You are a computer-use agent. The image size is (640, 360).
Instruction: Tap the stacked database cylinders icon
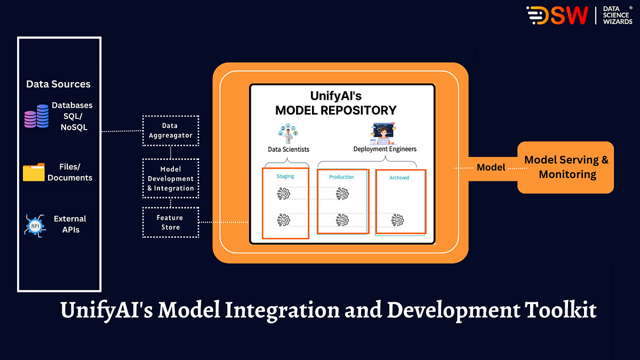tap(37, 116)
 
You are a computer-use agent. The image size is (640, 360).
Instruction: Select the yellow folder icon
tap(34, 172)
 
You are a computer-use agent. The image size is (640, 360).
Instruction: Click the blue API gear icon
tap(35, 225)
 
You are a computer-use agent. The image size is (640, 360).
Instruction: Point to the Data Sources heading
tap(59, 84)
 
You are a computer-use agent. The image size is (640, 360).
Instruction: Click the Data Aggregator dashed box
tap(171, 131)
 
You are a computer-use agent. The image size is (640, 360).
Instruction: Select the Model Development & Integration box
tap(171, 179)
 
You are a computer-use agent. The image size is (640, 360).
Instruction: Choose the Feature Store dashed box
tap(171, 222)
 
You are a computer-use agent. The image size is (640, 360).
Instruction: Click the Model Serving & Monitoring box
tap(566, 167)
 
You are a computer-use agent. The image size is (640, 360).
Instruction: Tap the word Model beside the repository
tap(491, 167)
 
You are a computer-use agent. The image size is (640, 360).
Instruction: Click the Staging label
tap(285, 176)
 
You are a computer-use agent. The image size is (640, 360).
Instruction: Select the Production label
tap(341, 177)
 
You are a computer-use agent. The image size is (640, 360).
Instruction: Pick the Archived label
tap(399, 178)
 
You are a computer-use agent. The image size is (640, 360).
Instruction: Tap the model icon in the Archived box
tap(397, 220)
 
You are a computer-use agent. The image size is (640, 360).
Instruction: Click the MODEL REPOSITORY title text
tap(335, 110)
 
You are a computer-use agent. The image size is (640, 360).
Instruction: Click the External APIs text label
tap(69, 225)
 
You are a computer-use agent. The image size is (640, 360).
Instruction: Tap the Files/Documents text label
tap(70, 172)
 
